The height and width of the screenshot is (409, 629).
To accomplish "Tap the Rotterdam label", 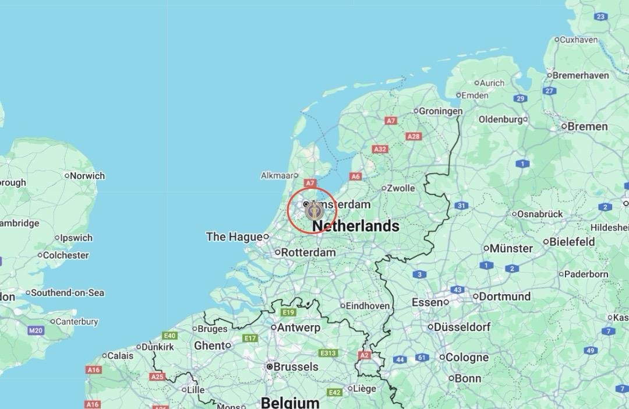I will pyautogui.click(x=308, y=253).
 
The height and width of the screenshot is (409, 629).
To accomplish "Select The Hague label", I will pyautogui.click(x=234, y=237).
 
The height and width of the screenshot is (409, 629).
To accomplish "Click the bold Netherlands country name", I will pyautogui.click(x=355, y=226).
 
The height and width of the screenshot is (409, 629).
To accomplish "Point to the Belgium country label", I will pyautogui.click(x=290, y=402).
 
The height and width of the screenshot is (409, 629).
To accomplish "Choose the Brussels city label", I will pyautogui.click(x=296, y=366).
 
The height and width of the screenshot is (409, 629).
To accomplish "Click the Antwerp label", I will pyautogui.click(x=298, y=327).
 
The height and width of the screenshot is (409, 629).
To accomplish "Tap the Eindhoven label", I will pyautogui.click(x=367, y=305).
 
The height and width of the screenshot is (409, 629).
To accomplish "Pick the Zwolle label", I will pyautogui.click(x=402, y=188).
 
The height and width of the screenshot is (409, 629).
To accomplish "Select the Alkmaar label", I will pyautogui.click(x=277, y=175).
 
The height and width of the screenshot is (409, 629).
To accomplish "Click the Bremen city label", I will pyautogui.click(x=587, y=126).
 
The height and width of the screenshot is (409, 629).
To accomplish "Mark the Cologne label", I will pyautogui.click(x=467, y=357).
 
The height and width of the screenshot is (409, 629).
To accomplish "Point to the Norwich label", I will pyautogui.click(x=87, y=175).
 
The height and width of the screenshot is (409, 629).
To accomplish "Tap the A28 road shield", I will pyautogui.click(x=414, y=136).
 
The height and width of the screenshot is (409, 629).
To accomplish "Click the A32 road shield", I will pyautogui.click(x=380, y=149).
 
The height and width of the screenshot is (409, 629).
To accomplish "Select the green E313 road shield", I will pyautogui.click(x=328, y=353).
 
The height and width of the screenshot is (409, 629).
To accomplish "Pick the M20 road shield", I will pyautogui.click(x=36, y=330).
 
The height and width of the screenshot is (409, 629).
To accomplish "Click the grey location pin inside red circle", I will pyautogui.click(x=314, y=210).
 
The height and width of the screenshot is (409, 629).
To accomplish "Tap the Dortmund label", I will pyautogui.click(x=504, y=296).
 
